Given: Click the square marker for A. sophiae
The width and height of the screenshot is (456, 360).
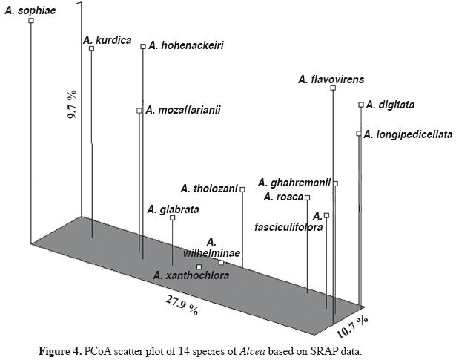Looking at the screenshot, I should (x=31, y=21).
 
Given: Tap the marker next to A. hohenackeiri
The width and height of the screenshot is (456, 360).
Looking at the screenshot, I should (x=143, y=46).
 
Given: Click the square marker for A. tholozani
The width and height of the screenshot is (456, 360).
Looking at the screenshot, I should (x=242, y=189).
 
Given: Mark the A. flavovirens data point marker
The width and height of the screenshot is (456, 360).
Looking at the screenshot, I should (x=333, y=88).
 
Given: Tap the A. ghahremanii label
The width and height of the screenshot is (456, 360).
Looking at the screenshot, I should (x=294, y=182).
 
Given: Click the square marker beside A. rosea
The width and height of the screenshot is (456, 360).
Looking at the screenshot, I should (x=308, y=197).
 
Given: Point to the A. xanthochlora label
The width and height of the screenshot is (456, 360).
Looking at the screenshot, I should (x=191, y=276).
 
